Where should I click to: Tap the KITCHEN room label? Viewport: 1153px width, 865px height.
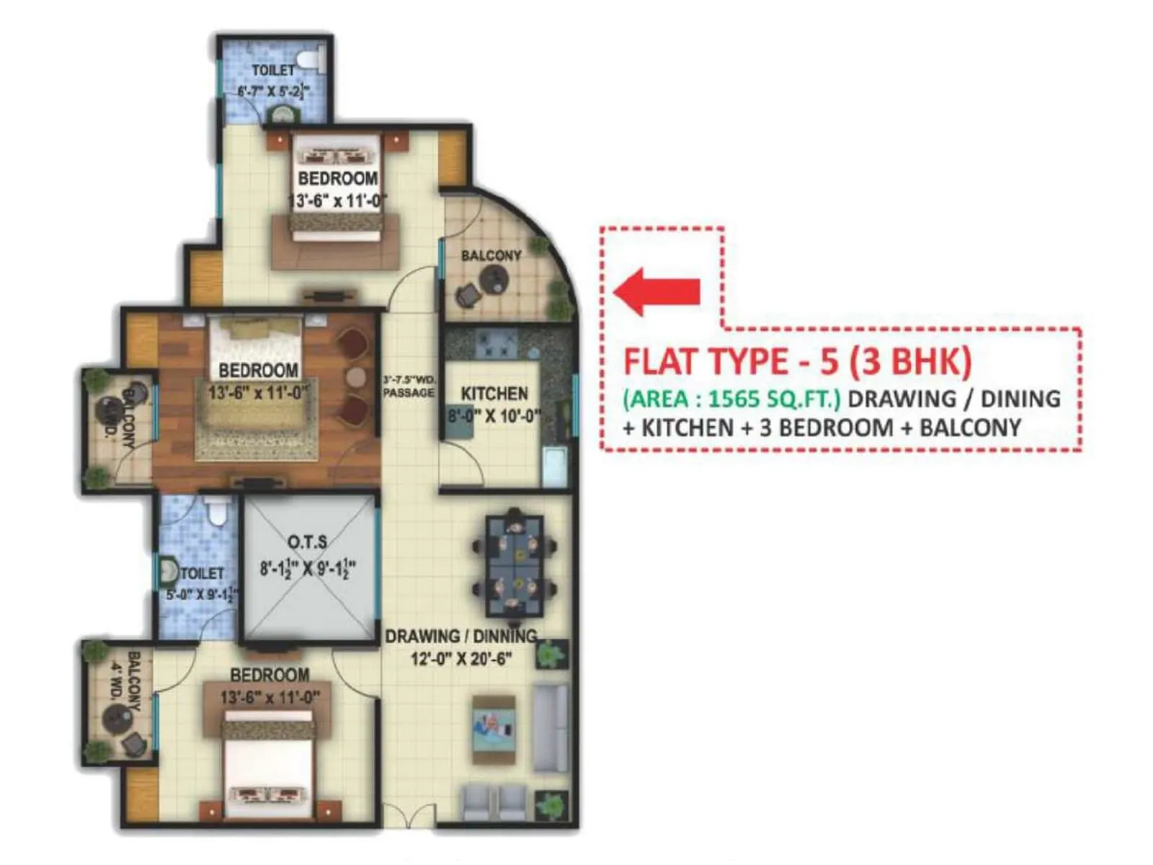click(x=494, y=394)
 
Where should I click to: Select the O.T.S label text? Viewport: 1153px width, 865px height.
click(x=308, y=542)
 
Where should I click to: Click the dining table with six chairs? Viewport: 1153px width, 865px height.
click(x=515, y=566)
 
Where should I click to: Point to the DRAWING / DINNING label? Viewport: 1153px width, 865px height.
click(x=461, y=636)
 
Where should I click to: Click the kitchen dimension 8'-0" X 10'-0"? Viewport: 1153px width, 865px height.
click(x=494, y=416)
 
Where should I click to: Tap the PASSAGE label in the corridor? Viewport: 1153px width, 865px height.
click(x=409, y=393)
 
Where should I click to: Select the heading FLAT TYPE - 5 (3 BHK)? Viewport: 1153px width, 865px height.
click(x=797, y=361)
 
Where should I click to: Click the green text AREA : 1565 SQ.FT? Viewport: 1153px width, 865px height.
click(x=732, y=399)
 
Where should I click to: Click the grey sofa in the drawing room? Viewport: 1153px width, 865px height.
click(x=551, y=728)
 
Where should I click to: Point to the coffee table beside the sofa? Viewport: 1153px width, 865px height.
click(x=494, y=729)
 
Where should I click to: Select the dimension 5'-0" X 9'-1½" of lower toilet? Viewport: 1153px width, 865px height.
click(x=202, y=595)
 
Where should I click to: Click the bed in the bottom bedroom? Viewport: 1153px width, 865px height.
click(x=269, y=764)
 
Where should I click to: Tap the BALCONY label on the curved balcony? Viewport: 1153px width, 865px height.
click(x=491, y=255)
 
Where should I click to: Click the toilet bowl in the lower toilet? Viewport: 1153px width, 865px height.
click(x=215, y=512)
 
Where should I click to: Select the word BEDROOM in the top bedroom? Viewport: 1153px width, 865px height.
click(x=337, y=178)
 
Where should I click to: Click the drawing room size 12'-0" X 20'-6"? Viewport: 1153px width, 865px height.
click(x=461, y=659)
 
